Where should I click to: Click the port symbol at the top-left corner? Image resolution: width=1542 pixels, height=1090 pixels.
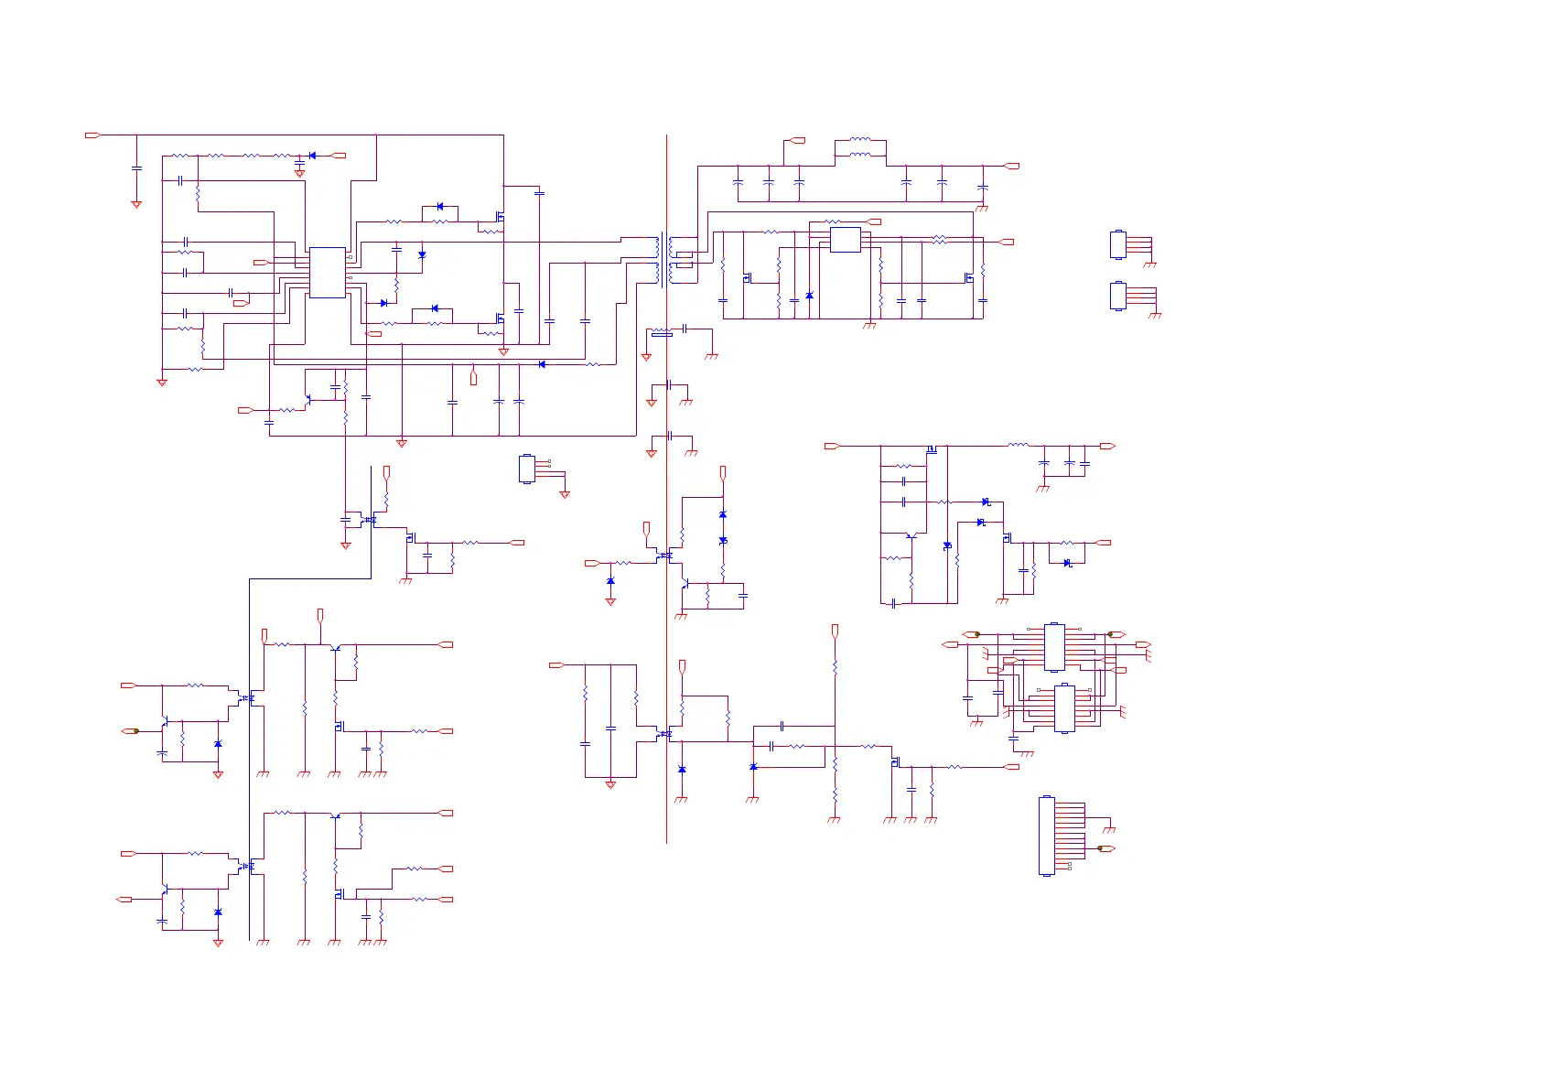pyautogui.click(x=92, y=135)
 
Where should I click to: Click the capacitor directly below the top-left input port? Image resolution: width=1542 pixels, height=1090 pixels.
pyautogui.click(x=136, y=168)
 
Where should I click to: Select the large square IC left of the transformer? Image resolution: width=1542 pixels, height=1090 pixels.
pyautogui.click(x=327, y=272)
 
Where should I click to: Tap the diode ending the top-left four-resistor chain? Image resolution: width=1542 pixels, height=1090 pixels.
pyautogui.click(x=312, y=156)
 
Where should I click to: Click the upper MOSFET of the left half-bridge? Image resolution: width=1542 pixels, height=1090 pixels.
pyautogui.click(x=500, y=217)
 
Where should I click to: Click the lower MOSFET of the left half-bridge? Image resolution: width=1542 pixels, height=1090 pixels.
pyautogui.click(x=500, y=318)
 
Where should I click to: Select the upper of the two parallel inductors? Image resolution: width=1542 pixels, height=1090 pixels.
pyautogui.click(x=860, y=140)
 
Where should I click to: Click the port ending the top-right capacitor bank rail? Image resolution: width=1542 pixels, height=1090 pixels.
pyautogui.click(x=1012, y=167)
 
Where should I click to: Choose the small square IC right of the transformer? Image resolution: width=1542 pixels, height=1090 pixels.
pyautogui.click(x=845, y=240)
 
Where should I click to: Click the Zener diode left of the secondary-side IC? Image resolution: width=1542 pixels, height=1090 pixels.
pyautogui.click(x=809, y=296)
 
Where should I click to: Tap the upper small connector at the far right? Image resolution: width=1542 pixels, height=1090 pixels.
pyautogui.click(x=1117, y=244)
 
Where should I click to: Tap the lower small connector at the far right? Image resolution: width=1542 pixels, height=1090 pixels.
pyautogui.click(x=1117, y=296)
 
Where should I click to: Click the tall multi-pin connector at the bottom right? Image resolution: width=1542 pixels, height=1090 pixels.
pyautogui.click(x=1047, y=836)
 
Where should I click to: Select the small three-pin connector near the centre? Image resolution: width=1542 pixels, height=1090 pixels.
pyautogui.click(x=526, y=469)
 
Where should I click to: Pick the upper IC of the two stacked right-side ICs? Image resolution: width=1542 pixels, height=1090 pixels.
pyautogui.click(x=1054, y=647)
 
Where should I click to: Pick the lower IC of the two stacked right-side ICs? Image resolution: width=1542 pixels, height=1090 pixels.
pyautogui.click(x=1063, y=707)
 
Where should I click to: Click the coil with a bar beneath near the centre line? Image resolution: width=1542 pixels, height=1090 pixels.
pyautogui.click(x=661, y=331)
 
